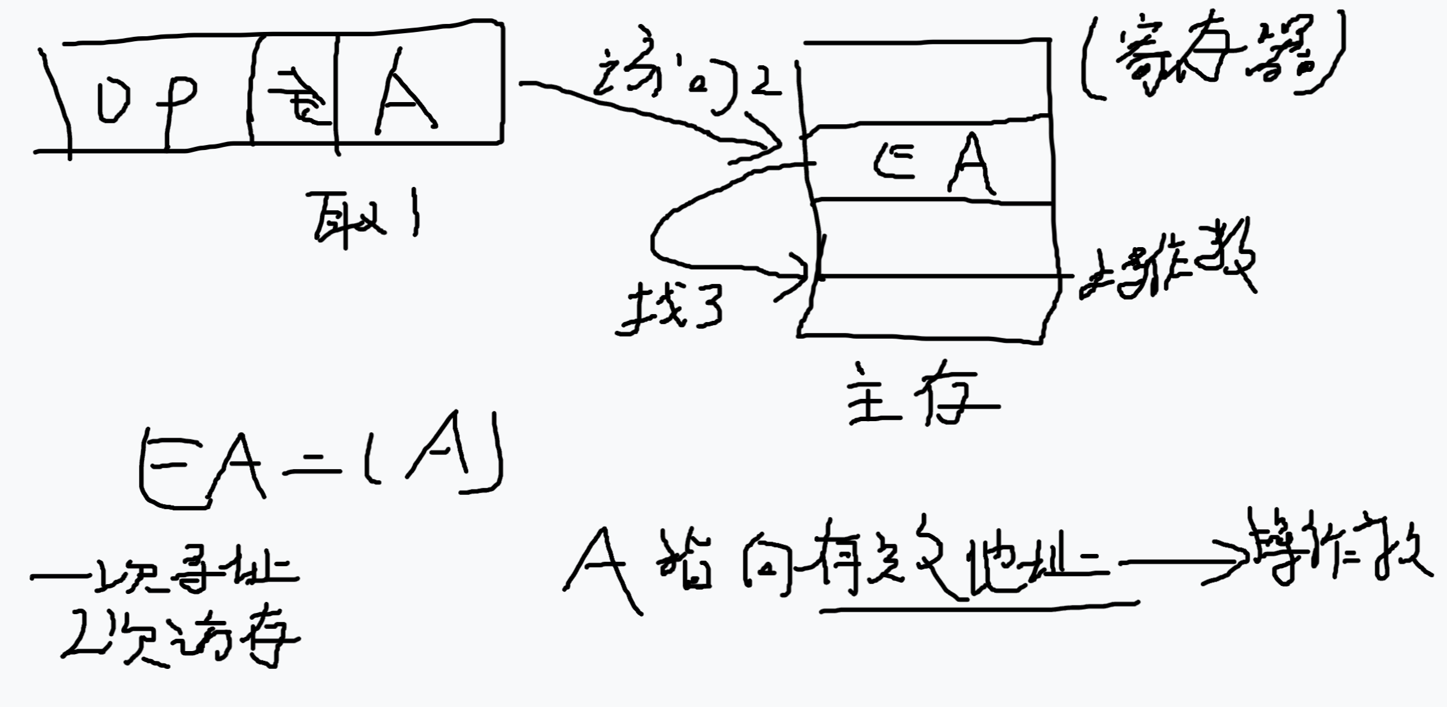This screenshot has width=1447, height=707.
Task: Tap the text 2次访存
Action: pyautogui.click(x=178, y=639)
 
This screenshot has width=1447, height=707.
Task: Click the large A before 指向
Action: pyautogui.click(x=603, y=569)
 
